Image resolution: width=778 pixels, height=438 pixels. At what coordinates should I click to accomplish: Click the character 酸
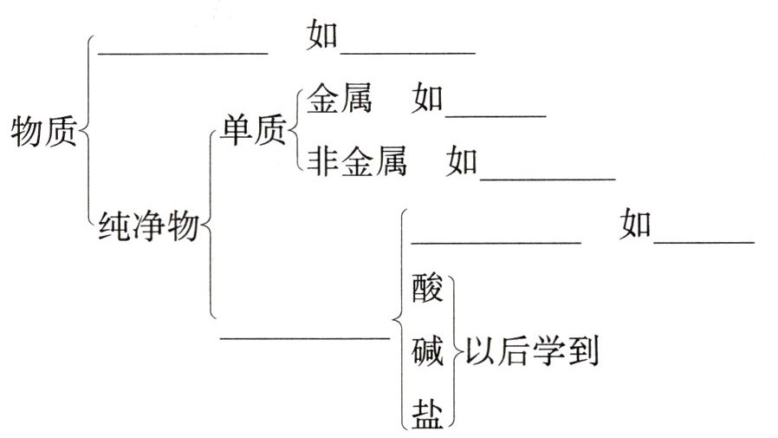428,286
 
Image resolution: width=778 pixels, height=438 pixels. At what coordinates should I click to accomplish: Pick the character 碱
428,352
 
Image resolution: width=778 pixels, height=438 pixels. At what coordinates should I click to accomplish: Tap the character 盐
428,412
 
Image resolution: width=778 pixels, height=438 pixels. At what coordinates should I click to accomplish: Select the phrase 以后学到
531,351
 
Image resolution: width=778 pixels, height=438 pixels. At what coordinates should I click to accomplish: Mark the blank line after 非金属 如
547,179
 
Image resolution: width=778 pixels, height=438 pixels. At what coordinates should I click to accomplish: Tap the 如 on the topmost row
323,37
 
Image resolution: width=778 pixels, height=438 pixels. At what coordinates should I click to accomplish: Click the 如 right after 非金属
462,162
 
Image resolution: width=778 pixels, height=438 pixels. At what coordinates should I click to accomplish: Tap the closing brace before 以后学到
453,351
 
